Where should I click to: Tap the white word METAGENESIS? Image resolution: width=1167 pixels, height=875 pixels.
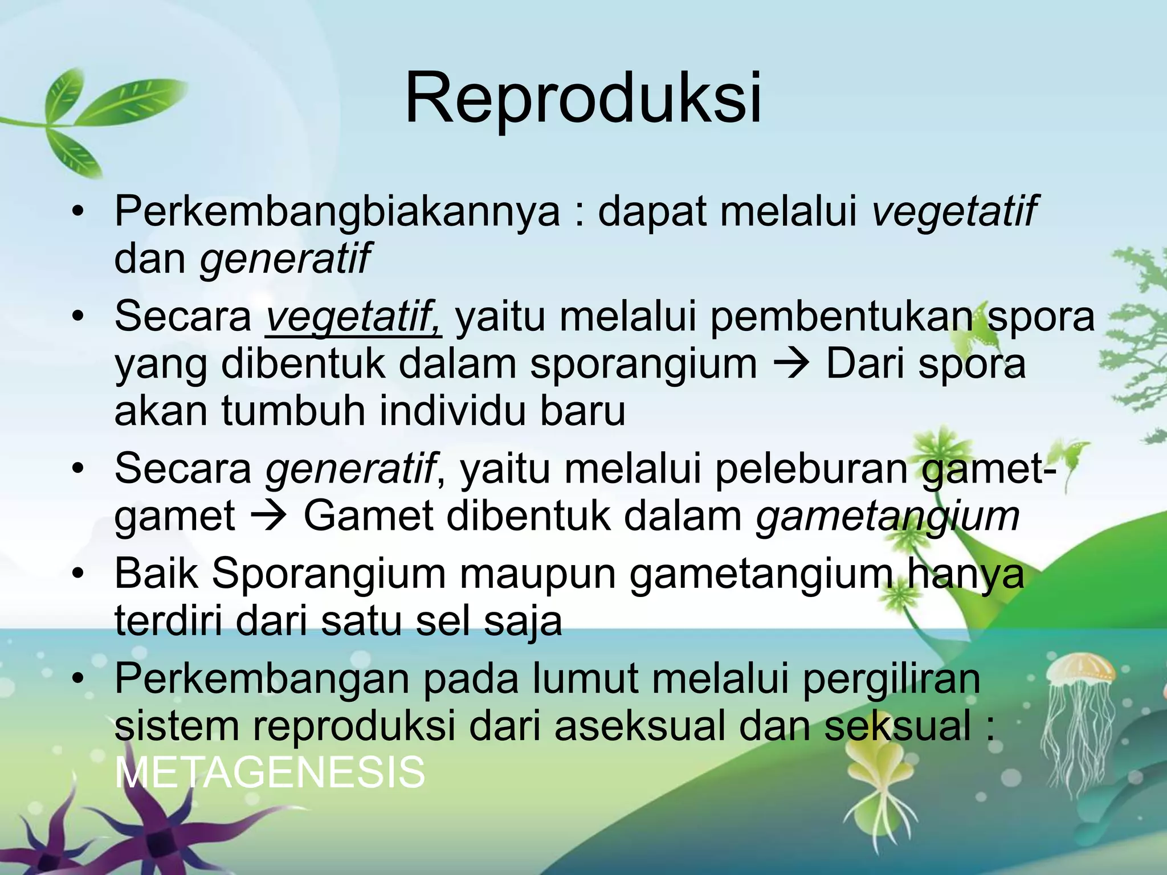[x=270, y=773]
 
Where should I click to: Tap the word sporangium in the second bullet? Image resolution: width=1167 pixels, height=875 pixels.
[x=643, y=365]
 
